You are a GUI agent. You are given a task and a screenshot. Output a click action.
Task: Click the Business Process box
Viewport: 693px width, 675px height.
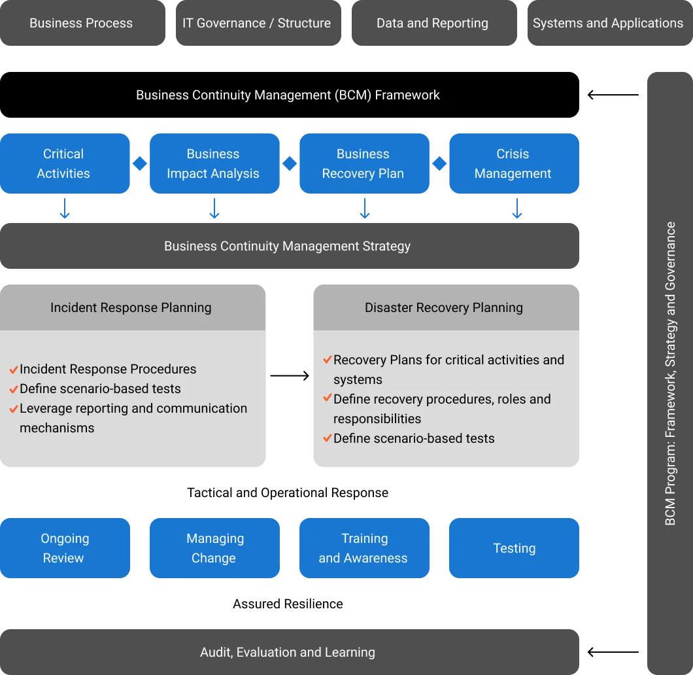pos(82,23)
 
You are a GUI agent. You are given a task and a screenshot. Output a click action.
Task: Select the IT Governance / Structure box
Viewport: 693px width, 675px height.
pos(258,23)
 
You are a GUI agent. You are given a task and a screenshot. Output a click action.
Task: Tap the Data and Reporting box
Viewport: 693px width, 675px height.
pos(434,23)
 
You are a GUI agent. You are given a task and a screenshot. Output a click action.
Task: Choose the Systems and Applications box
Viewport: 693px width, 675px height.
pos(610,23)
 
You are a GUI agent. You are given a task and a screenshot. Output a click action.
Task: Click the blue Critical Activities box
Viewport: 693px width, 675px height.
pos(65,164)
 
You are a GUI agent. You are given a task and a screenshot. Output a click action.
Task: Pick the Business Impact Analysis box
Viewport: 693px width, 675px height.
pos(214,164)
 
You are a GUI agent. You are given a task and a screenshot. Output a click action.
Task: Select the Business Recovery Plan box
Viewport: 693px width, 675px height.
pos(364,164)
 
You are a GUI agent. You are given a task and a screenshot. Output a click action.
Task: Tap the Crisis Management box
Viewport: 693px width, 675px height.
pos(514,164)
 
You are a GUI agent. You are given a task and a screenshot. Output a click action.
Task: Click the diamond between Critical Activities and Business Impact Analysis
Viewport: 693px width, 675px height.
pos(140,164)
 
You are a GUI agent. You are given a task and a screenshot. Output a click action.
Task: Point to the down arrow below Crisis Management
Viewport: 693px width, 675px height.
pos(516,209)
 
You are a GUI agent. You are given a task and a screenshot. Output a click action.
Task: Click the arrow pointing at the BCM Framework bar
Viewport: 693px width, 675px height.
pos(613,95)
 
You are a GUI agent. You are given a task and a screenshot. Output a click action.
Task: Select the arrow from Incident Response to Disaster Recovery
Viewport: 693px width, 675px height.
pos(290,375)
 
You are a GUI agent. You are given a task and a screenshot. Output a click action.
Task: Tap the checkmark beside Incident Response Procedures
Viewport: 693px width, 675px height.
pos(14,369)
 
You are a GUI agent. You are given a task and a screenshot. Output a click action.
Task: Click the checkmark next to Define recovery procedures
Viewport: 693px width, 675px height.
pos(328,398)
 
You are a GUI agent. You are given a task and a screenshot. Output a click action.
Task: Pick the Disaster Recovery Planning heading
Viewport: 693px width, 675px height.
pos(444,307)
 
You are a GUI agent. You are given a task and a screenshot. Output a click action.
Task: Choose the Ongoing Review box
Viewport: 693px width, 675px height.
pos(65,548)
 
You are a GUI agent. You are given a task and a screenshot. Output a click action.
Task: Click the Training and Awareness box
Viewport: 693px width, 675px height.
pos(364,548)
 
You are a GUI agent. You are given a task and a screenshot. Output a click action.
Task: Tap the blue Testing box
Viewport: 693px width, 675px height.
pos(514,548)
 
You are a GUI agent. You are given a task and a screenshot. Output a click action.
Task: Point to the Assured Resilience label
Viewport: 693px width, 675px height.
pos(288,604)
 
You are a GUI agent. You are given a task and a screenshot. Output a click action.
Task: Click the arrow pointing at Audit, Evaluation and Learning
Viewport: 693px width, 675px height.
pos(613,652)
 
